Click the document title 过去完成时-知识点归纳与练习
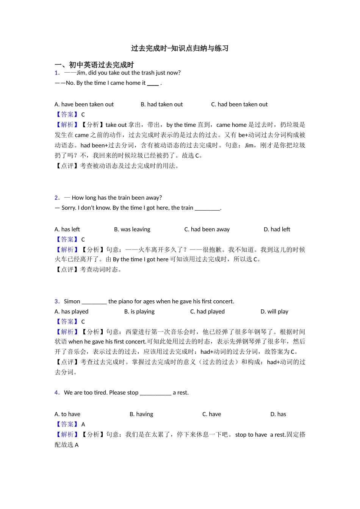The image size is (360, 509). pos(180,48)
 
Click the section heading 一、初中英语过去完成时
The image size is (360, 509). pos(94,65)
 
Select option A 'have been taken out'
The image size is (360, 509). pos(84,105)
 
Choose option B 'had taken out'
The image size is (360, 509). pos(161,105)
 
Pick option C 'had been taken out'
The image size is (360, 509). pos(239,105)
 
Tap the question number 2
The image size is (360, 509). pos(57,198)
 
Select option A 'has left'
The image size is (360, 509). pos(67,230)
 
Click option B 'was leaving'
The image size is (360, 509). pos(132,230)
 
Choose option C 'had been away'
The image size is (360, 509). pos(207,230)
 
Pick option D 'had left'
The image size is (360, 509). pos(277,230)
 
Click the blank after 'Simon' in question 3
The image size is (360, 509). pos(94,302)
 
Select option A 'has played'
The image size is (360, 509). pos(71,312)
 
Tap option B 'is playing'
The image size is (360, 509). pos(139,312)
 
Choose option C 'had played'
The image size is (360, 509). pos(207,312)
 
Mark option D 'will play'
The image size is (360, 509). pos(274,312)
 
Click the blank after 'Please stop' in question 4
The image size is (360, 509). pos(155,393)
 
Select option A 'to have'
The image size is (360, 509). pos(67,414)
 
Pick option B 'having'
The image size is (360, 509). pos(141,414)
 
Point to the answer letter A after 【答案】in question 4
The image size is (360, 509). pos(83,425)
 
